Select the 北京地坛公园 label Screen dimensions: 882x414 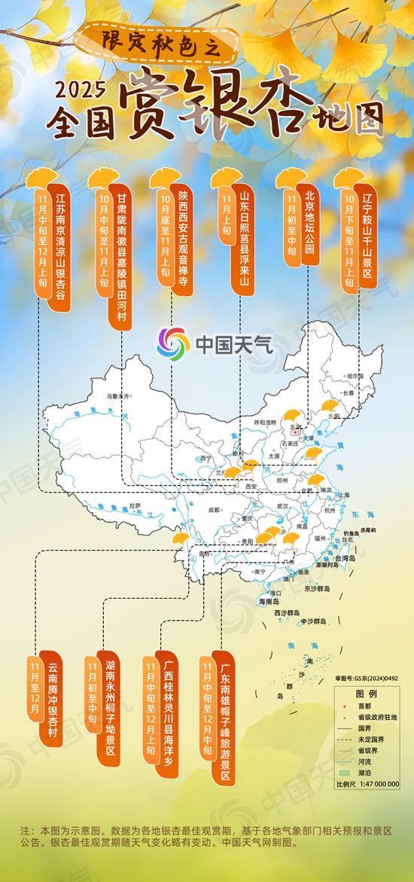point(308,227)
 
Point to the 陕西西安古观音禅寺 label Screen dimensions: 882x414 point(183,242)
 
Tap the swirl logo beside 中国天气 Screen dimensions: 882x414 point(173,344)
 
